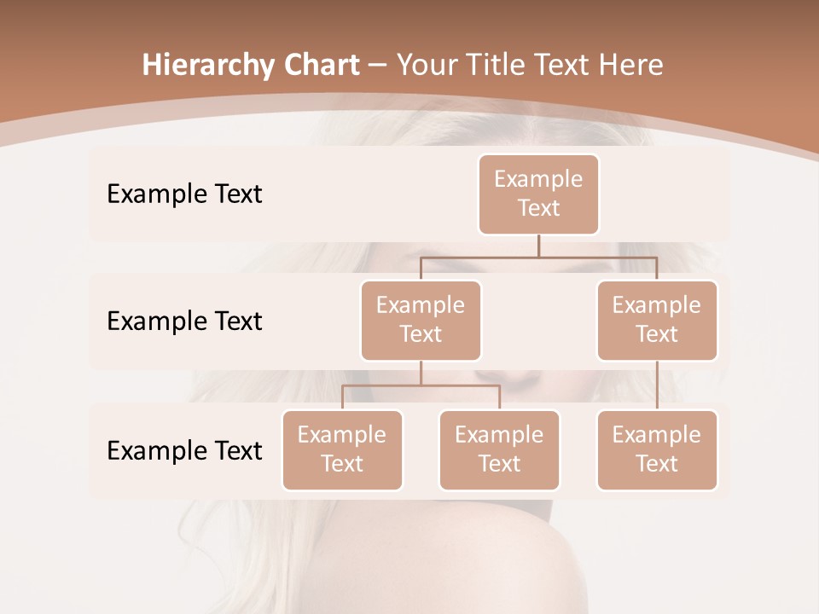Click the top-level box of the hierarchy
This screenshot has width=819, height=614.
pyautogui.click(x=538, y=194)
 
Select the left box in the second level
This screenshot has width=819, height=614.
pyautogui.click(x=421, y=320)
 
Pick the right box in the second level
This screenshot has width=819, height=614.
pyautogui.click(x=657, y=320)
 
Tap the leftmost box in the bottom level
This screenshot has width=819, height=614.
pyautogui.click(x=342, y=449)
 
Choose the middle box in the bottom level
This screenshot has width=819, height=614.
pyautogui.click(x=499, y=449)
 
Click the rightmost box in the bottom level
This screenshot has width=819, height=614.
pyautogui.click(x=657, y=449)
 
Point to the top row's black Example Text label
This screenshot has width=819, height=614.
pyautogui.click(x=184, y=194)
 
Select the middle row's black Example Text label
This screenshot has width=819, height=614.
pyautogui.click(x=184, y=321)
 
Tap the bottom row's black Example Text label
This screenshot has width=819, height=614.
pyautogui.click(x=184, y=450)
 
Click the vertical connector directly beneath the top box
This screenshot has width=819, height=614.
pyautogui.click(x=538, y=246)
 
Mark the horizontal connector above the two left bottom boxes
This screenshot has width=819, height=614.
pyautogui.click(x=421, y=385)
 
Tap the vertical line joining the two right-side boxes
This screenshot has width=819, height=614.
pyautogui.click(x=657, y=385)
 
